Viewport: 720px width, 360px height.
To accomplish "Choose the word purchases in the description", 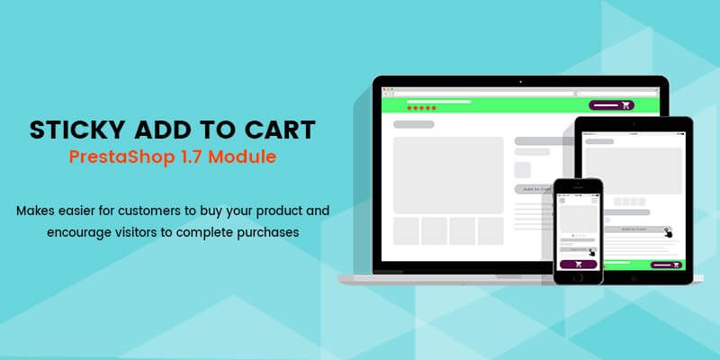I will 264,231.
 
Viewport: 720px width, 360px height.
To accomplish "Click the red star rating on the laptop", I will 421,108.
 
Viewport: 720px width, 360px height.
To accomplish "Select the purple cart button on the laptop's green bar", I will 611,105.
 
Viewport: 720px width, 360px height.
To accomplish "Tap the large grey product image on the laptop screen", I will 447,175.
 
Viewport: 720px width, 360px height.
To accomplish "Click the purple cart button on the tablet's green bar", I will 667,265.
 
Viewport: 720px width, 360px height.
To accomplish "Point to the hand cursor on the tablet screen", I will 668,233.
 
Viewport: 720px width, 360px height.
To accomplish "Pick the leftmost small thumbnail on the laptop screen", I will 406,231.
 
